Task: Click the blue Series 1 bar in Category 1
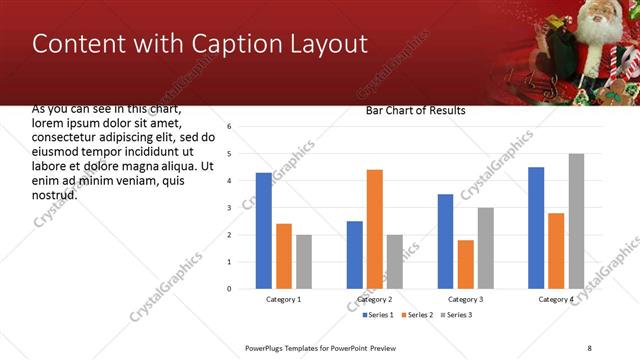coord(264,231)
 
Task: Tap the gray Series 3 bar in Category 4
coord(576,221)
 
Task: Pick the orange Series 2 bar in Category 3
coord(466,264)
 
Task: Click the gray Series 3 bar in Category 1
coord(304,262)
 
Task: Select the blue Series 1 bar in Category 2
coord(355,255)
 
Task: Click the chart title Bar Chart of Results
coord(415,111)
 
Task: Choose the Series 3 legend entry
coord(456,315)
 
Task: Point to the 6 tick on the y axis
coord(230,127)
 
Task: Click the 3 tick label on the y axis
coord(230,208)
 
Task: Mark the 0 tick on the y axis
coord(230,289)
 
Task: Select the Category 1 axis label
coord(284,300)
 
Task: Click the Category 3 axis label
coord(466,300)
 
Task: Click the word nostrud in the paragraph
coord(54,194)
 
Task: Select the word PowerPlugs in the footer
coord(266,347)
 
